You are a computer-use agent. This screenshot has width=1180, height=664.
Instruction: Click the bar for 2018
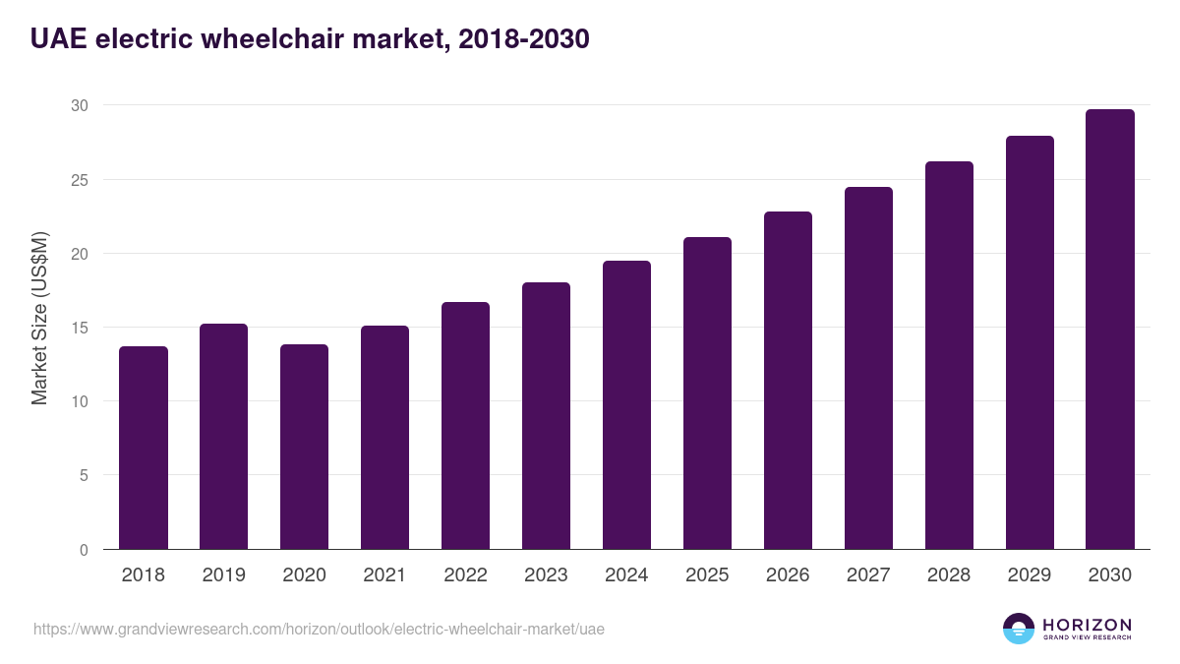click(x=144, y=448)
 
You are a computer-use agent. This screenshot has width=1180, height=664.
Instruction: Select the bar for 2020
click(x=305, y=447)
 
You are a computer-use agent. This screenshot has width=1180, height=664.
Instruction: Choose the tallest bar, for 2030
click(x=1110, y=329)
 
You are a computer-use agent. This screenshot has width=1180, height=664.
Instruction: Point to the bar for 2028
click(x=949, y=355)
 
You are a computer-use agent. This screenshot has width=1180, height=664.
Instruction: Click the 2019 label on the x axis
click(x=224, y=574)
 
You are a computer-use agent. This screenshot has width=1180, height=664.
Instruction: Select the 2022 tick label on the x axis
click(x=465, y=574)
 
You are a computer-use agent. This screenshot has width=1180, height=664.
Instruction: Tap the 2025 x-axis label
click(x=707, y=574)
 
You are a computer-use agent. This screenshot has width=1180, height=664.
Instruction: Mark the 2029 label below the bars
click(x=1030, y=574)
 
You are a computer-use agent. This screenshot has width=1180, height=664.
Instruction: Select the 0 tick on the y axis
click(x=84, y=550)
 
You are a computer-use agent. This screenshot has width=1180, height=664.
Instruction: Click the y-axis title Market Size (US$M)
click(x=39, y=317)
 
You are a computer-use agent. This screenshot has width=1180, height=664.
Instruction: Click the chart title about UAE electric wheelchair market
click(x=310, y=39)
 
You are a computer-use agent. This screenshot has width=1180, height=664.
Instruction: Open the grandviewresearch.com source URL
click(x=319, y=629)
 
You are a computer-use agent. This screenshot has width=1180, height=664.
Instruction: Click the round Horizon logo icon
click(x=1019, y=629)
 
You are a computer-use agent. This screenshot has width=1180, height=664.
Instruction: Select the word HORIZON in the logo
click(x=1087, y=624)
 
